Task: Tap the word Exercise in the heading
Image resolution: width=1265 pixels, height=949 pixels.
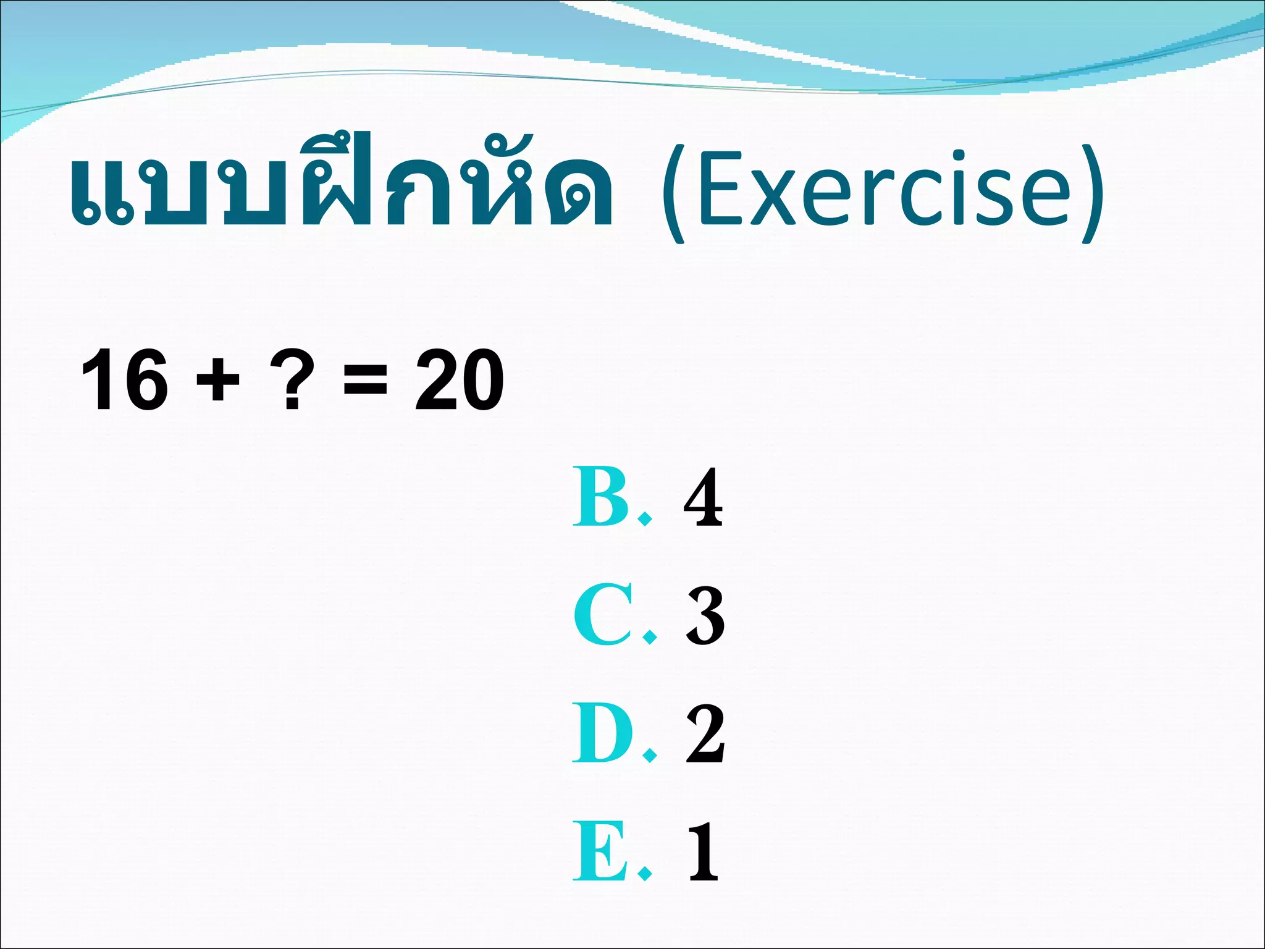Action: (883, 188)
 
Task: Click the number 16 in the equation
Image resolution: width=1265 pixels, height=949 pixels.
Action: (124, 380)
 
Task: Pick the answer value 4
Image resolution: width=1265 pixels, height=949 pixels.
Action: (704, 497)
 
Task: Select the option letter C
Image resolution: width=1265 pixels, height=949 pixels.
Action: (602, 615)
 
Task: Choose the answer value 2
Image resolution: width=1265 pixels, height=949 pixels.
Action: (705, 734)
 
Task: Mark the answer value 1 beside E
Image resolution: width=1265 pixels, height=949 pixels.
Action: (704, 851)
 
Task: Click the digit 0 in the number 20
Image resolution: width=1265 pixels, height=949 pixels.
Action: (483, 380)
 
